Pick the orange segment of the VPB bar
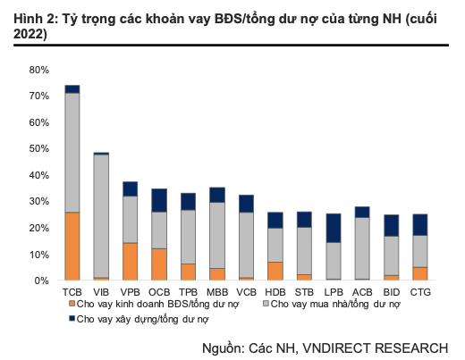(x=131, y=261)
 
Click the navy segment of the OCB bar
(x=159, y=200)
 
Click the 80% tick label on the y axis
(x=39, y=70)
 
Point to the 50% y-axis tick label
(x=39, y=148)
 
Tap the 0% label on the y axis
(x=42, y=280)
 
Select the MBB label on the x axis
(x=217, y=292)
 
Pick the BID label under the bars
(x=391, y=292)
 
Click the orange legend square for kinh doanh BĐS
(x=72, y=305)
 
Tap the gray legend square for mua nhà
(x=264, y=305)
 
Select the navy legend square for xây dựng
(x=72, y=318)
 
